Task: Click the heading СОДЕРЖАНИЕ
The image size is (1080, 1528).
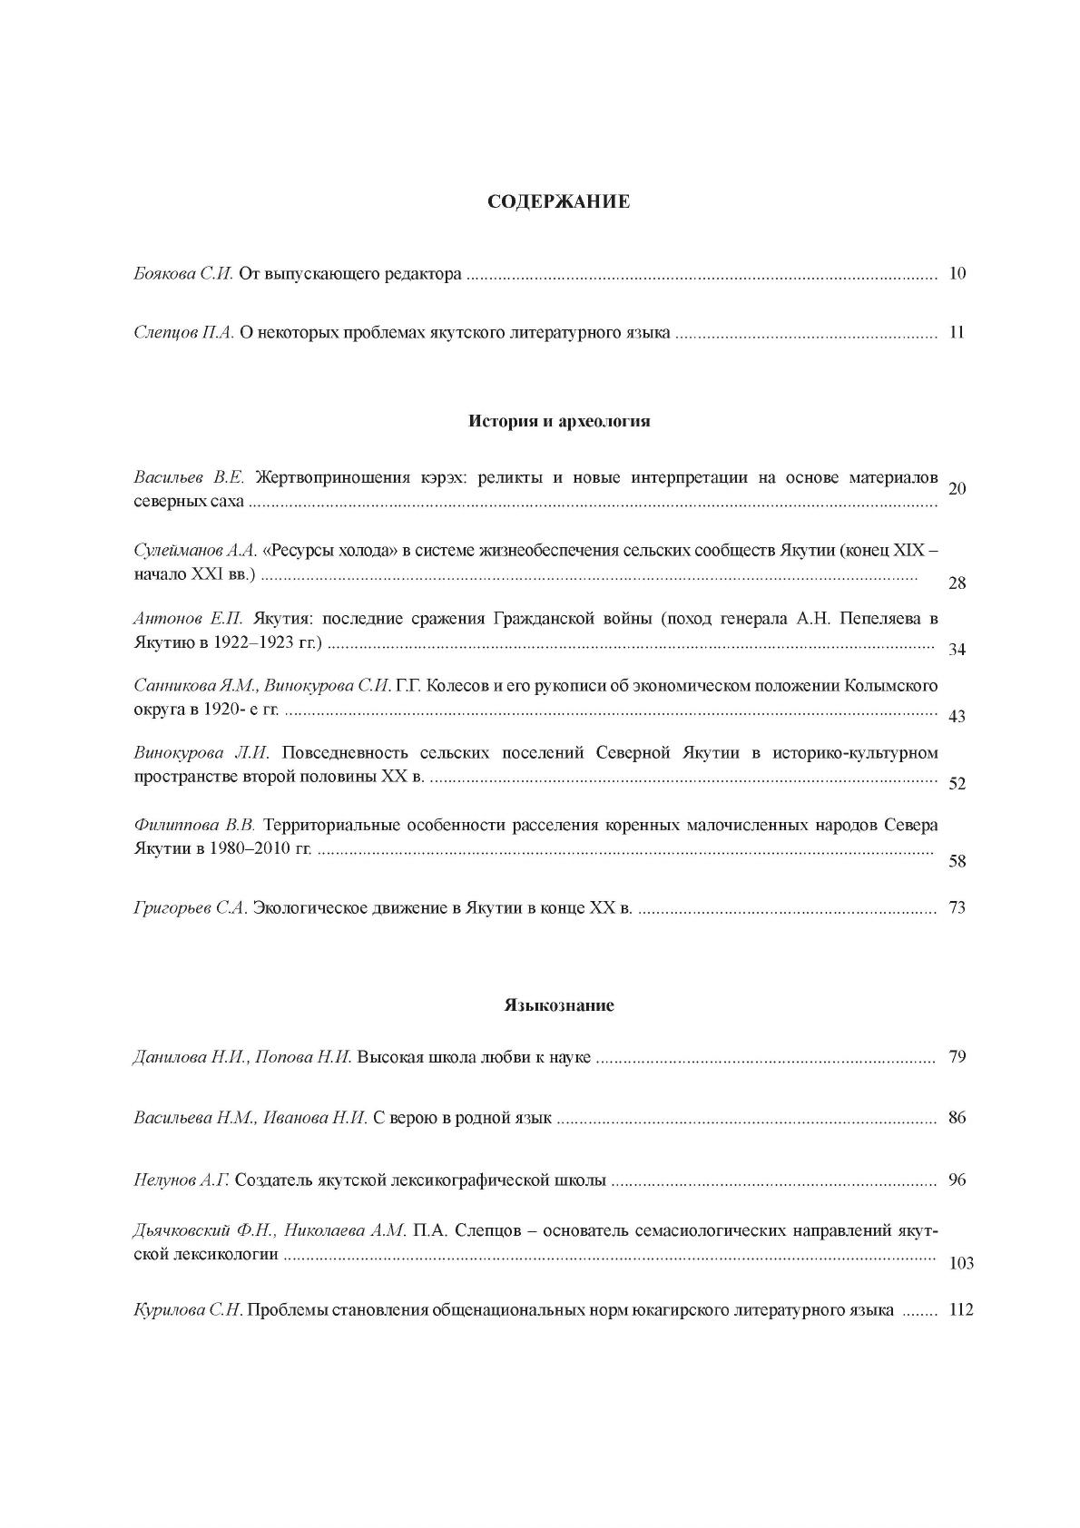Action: [558, 201]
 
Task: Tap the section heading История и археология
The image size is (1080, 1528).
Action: [559, 421]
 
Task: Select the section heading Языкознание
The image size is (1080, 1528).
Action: [559, 1005]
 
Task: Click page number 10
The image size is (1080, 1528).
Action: [957, 273]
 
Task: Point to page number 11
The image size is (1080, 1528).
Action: [957, 332]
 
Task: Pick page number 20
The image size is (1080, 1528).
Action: [957, 489]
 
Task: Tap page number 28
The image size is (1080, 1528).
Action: [957, 583]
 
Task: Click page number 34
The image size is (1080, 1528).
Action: [957, 650]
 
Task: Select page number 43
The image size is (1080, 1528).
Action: [957, 717]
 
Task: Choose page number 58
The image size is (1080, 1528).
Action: [957, 861]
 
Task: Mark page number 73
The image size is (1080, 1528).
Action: [957, 907]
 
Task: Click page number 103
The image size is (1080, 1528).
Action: [960, 1263]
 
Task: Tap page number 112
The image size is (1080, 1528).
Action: [960, 1310]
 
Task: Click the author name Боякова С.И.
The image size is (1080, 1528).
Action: [183, 273]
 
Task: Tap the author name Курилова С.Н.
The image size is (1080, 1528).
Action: [187, 1310]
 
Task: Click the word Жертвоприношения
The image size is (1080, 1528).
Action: [317, 477]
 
